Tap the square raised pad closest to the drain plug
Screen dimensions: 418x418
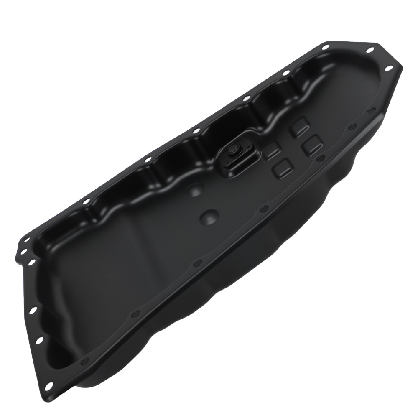272,150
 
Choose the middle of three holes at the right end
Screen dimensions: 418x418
370,50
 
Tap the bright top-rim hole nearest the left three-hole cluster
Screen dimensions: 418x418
86,202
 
